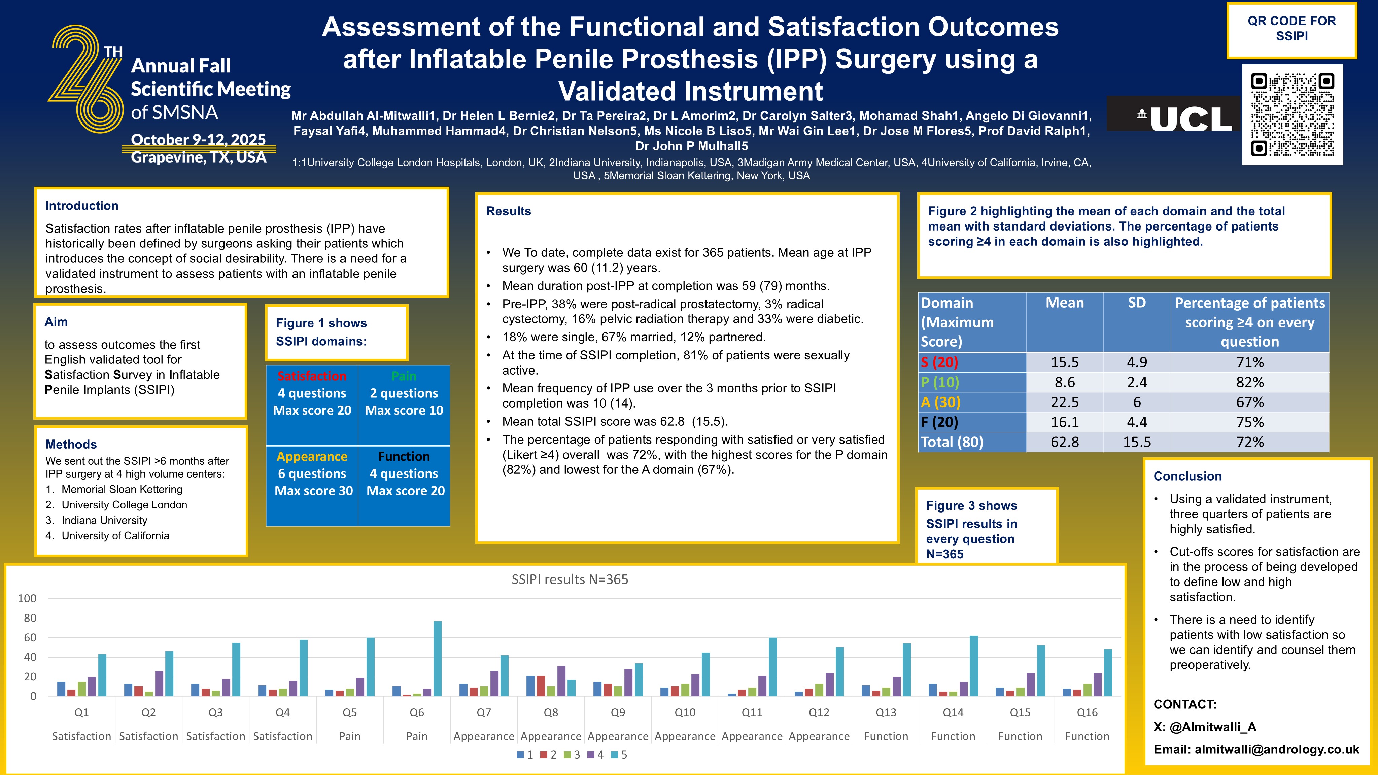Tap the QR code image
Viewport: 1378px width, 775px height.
(x=1293, y=115)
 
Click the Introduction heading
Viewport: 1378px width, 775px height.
(x=82, y=206)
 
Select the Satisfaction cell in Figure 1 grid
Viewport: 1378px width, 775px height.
(x=312, y=405)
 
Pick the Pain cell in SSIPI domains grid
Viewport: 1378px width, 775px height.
(x=404, y=405)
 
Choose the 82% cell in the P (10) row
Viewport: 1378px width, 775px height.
(x=1250, y=382)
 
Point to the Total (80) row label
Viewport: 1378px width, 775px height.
(x=952, y=442)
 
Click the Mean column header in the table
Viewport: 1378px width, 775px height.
(x=1065, y=303)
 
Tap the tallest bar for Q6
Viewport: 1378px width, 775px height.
(x=438, y=659)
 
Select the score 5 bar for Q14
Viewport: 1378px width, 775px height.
(x=973, y=666)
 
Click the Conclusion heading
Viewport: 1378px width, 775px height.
(x=1187, y=477)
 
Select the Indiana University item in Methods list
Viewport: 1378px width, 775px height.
(x=104, y=520)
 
